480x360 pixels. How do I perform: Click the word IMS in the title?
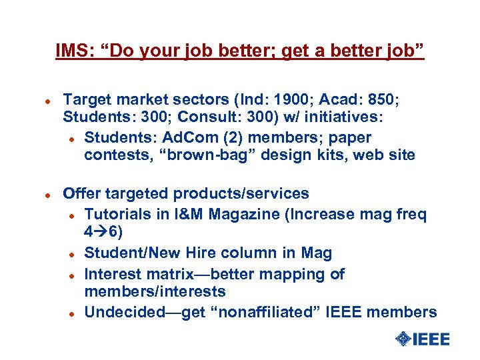click(70, 51)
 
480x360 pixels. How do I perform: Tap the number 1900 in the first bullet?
click(287, 101)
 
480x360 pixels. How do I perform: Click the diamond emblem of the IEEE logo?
click(403, 339)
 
